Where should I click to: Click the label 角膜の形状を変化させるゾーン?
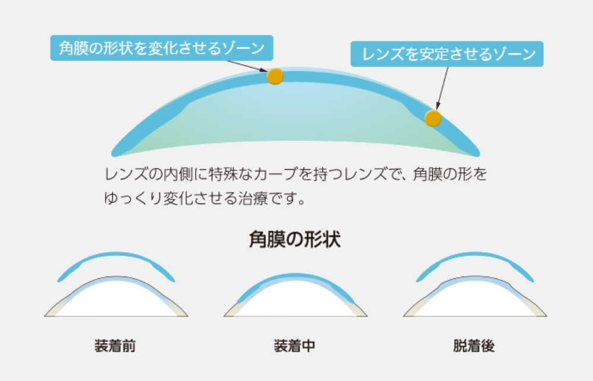coord(161,48)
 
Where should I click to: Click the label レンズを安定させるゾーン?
coord(447,54)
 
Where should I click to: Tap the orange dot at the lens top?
coord(275,77)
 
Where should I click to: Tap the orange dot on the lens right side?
coord(433,118)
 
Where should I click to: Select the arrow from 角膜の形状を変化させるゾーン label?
coord(247,66)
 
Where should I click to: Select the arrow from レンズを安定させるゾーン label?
coord(442,88)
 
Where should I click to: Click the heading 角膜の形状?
coord(295,239)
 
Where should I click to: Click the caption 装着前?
coord(115,346)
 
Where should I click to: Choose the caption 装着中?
coord(294,346)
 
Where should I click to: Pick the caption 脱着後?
coord(474,346)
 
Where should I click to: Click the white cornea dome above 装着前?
coord(116,301)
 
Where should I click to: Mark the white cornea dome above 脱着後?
coord(475,301)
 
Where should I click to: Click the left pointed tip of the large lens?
coord(113,154)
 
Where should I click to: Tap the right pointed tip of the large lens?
coord(479,154)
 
